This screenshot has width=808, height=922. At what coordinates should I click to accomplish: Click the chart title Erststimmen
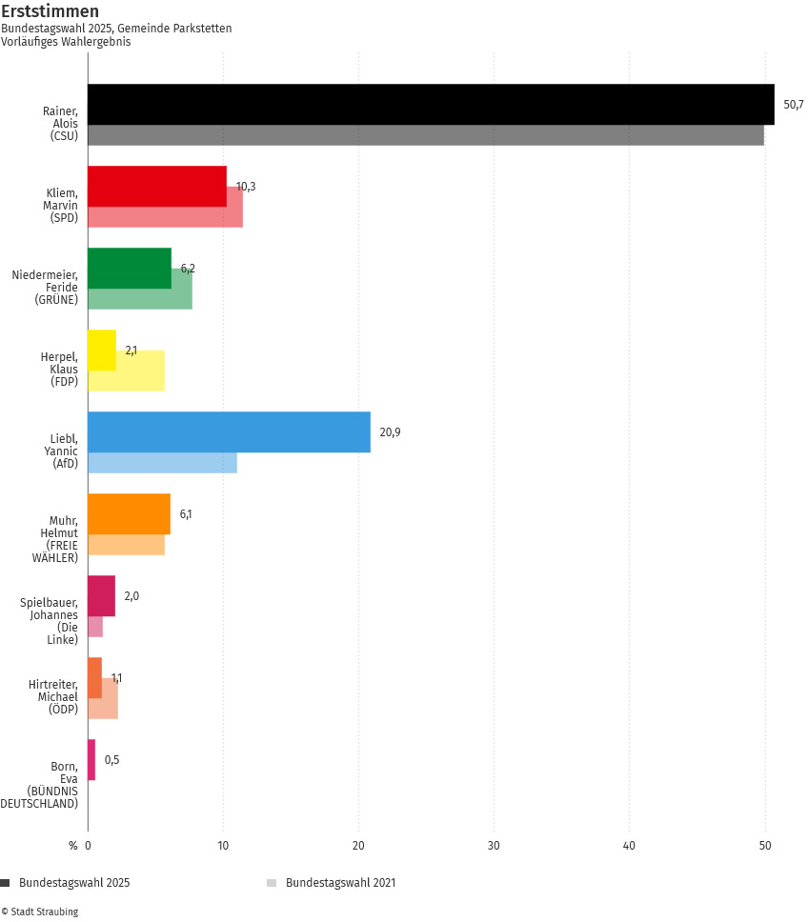pyautogui.click(x=50, y=11)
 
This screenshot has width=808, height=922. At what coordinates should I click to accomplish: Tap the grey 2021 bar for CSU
pyautogui.click(x=425, y=135)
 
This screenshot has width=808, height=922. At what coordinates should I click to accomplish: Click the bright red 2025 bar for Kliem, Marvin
pyautogui.click(x=157, y=186)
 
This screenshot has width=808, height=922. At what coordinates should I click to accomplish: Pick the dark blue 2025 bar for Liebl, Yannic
pyautogui.click(x=229, y=432)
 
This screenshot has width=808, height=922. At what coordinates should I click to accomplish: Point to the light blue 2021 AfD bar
pyautogui.click(x=162, y=463)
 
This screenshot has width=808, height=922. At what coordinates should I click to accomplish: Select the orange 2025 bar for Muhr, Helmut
pyautogui.click(x=129, y=514)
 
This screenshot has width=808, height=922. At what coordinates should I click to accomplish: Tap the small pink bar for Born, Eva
pyautogui.click(x=91, y=760)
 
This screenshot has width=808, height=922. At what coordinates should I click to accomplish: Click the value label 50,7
pyautogui.click(x=794, y=104)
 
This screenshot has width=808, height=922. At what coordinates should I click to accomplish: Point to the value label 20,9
pyautogui.click(x=390, y=432)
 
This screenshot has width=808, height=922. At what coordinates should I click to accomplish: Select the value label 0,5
pyautogui.click(x=112, y=760)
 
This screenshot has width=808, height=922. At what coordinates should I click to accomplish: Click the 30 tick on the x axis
pyautogui.click(x=494, y=845)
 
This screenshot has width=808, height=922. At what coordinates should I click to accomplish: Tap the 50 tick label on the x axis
pyautogui.click(x=764, y=845)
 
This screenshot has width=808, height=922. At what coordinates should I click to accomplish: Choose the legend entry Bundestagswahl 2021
pyautogui.click(x=340, y=883)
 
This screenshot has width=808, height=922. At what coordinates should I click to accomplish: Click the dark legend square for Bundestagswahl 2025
pyautogui.click(x=6, y=883)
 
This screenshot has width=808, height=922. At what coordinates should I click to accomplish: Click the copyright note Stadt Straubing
pyautogui.click(x=40, y=912)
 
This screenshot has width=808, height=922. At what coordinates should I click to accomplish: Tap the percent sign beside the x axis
pyautogui.click(x=72, y=845)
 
